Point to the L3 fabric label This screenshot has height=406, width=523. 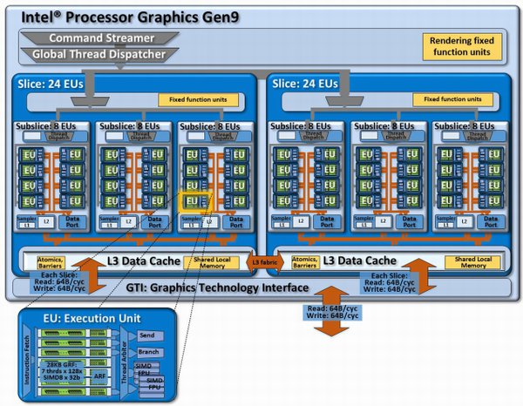click(x=261, y=261)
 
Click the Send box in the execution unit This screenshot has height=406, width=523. click(x=146, y=335)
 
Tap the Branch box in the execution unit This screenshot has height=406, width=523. click(x=146, y=350)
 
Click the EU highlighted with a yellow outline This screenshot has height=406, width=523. click(x=192, y=202)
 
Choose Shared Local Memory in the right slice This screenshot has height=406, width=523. click(x=471, y=262)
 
